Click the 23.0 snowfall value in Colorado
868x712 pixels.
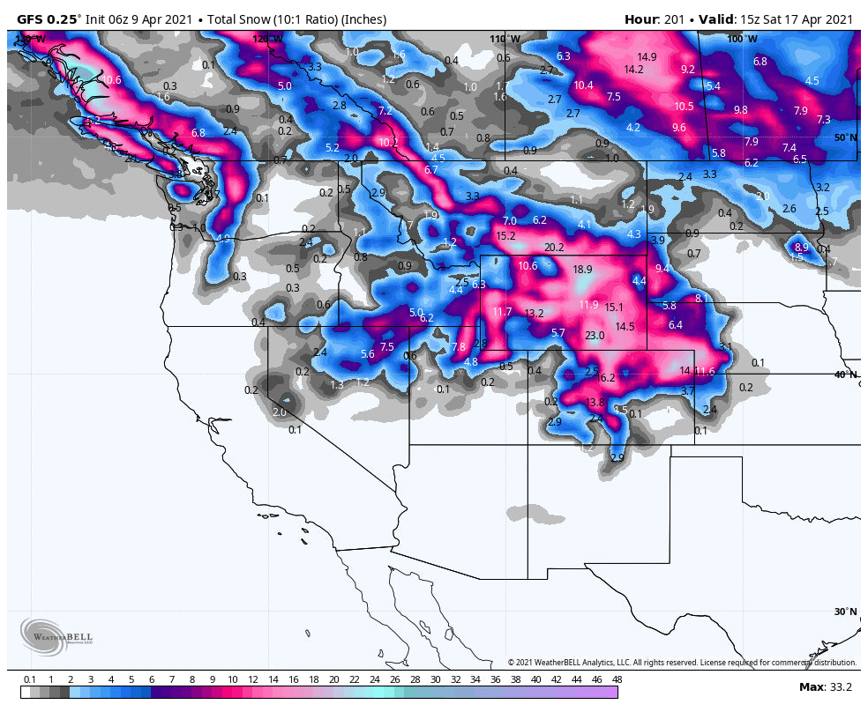pyautogui.click(x=595, y=336)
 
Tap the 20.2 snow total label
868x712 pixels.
pyautogui.click(x=554, y=248)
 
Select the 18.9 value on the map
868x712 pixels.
pyautogui.click(x=582, y=270)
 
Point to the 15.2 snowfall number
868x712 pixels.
pyautogui.click(x=505, y=236)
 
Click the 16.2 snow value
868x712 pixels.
pyautogui.click(x=606, y=378)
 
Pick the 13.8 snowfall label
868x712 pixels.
pyautogui.click(x=595, y=403)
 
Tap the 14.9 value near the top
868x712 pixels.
pyautogui.click(x=647, y=57)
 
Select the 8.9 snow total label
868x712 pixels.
pyautogui.click(x=801, y=248)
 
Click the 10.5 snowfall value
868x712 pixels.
pyautogui.click(x=684, y=106)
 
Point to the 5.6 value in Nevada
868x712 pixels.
pyautogui.click(x=368, y=353)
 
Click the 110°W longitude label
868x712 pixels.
pyautogui.click(x=505, y=39)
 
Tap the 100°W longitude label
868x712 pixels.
pyautogui.click(x=741, y=39)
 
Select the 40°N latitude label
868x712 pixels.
pyautogui.click(x=845, y=375)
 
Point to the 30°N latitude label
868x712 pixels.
pyautogui.click(x=845, y=612)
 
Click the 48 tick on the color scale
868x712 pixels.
pyautogui.click(x=617, y=679)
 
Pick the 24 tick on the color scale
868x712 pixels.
pyautogui.click(x=374, y=679)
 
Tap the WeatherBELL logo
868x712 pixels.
pyautogui.click(x=56, y=634)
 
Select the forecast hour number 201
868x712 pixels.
pyautogui.click(x=676, y=19)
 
